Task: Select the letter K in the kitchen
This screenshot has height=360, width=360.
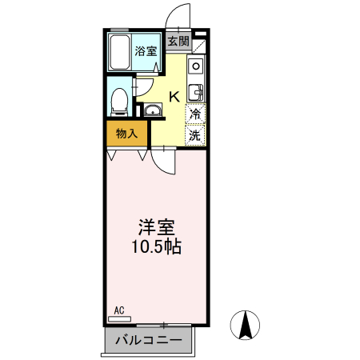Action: [173, 97]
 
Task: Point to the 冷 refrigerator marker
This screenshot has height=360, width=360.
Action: [195, 114]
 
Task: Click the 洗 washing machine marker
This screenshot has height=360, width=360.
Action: [195, 135]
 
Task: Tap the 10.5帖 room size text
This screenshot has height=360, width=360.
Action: [156, 247]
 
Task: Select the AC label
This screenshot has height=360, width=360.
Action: [119, 309]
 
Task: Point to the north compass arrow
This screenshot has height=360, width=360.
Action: [246, 325]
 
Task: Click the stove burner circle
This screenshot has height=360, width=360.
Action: [197, 66]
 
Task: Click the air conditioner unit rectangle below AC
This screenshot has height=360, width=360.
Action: [119, 318]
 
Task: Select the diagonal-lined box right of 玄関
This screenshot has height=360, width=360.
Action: [198, 43]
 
